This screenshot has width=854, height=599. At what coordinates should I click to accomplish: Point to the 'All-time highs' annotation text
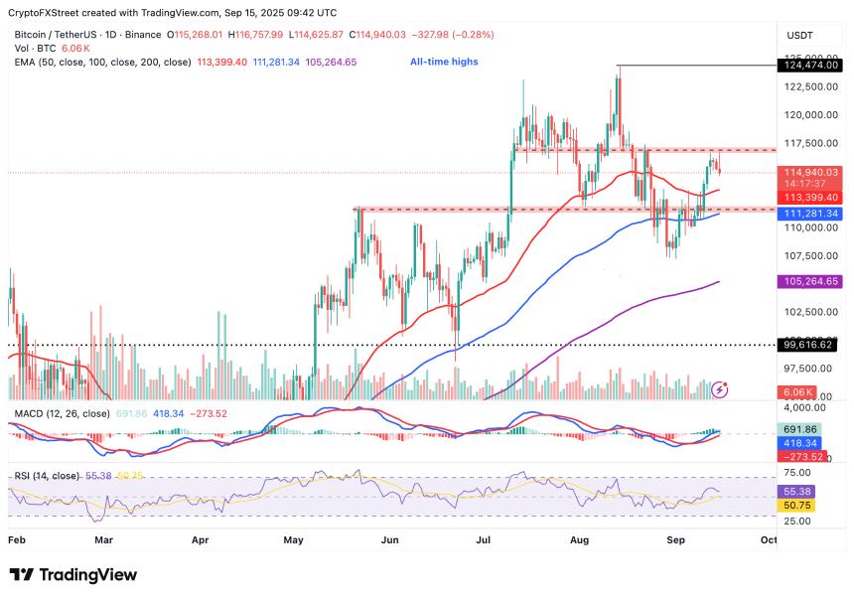click(444, 62)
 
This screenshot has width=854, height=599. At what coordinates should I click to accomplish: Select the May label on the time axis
click(293, 540)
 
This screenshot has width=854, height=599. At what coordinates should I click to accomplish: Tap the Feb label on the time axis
click(17, 540)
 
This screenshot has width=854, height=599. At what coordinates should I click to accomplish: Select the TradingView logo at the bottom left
click(72, 575)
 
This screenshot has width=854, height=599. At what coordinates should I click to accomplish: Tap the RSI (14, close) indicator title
click(47, 476)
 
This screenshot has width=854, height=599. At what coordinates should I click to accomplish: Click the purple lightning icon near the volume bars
click(721, 390)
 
